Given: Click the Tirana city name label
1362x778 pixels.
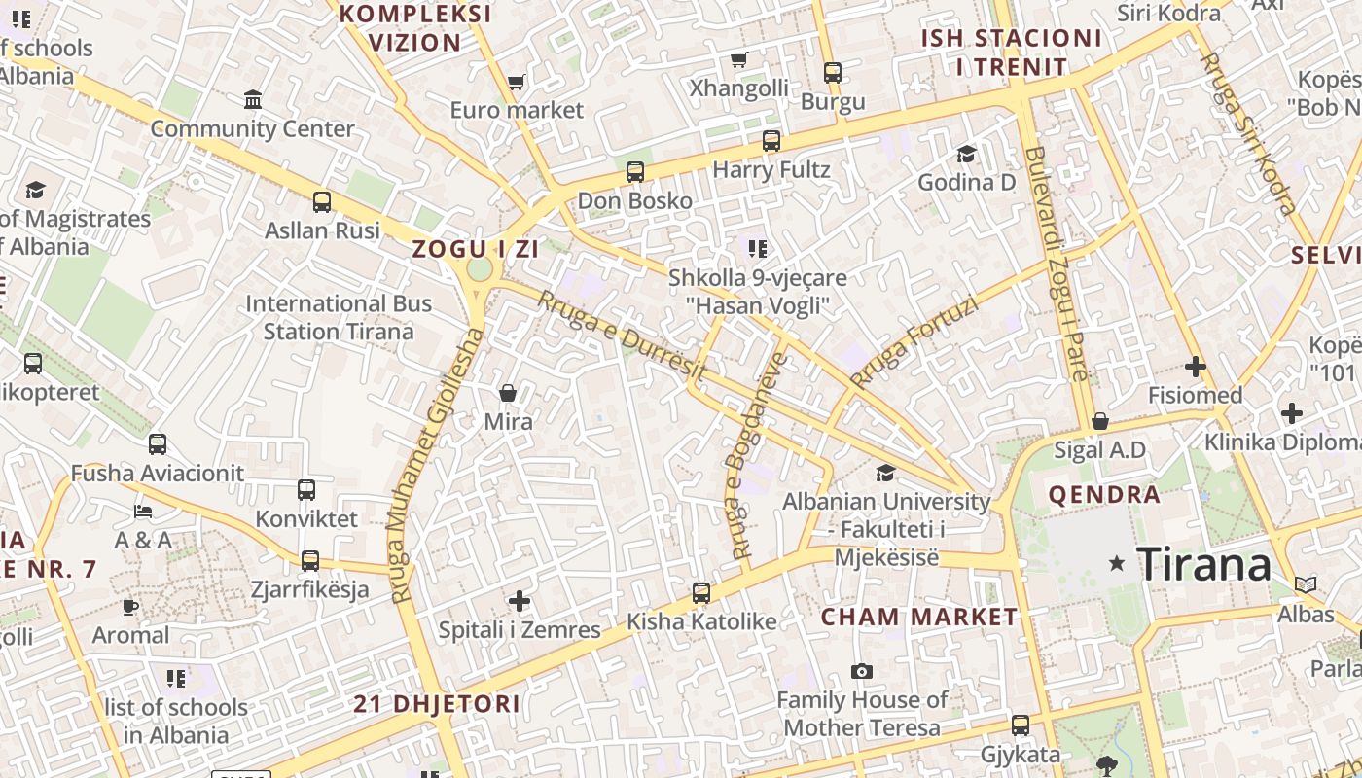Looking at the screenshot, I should click(1203, 564).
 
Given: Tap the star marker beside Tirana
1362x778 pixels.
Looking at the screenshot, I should click(1117, 563).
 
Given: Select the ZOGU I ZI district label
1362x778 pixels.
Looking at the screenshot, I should click(475, 249).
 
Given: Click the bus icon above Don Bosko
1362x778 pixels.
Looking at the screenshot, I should click(635, 172).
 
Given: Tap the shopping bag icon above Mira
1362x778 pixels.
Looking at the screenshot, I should click(508, 393).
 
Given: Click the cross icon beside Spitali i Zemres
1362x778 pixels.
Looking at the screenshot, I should click(520, 601).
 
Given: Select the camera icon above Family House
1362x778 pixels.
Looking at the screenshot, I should click(861, 671).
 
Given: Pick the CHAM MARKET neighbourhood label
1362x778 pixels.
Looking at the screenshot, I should click(919, 617).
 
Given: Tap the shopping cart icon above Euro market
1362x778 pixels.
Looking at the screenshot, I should click(517, 82).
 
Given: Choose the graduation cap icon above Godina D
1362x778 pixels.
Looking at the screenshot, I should click(966, 154).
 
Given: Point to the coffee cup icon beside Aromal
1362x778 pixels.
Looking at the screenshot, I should click(130, 608).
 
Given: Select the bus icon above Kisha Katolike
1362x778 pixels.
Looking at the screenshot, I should click(700, 592).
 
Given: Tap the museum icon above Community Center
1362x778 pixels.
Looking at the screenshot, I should click(253, 99).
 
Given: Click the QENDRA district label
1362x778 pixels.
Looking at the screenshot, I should click(1104, 495).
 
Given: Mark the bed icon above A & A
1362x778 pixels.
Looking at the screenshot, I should click(143, 512).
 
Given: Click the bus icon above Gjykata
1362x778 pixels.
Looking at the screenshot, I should click(1020, 725).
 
